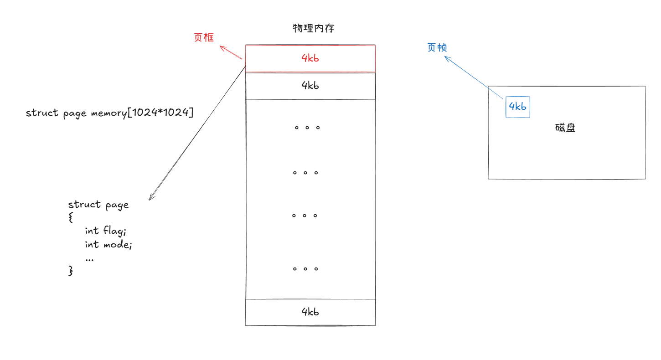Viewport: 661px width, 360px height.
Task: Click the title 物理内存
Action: [313, 28]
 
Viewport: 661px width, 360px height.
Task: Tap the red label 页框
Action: [204, 38]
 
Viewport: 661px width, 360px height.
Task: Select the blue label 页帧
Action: [437, 47]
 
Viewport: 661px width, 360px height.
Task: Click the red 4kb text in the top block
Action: [310, 58]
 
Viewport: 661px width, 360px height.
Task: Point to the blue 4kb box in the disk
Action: [517, 107]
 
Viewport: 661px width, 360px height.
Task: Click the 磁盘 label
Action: [565, 128]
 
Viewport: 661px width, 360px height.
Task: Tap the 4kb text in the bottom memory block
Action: [310, 312]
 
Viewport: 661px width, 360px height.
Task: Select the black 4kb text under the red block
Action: [310, 85]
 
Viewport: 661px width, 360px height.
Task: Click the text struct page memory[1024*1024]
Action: [109, 113]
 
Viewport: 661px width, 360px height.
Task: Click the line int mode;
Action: [108, 245]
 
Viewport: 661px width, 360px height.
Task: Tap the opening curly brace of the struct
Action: [71, 217]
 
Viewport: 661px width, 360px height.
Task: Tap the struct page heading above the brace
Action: [98, 205]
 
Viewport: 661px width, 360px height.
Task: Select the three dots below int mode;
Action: [89, 259]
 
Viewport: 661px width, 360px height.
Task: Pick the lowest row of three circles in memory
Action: [305, 269]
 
